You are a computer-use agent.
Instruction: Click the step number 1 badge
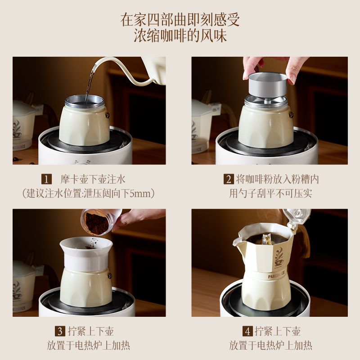(x=46, y=179)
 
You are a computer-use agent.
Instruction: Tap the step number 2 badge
(x=229, y=179)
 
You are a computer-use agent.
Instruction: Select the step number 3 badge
(x=60, y=331)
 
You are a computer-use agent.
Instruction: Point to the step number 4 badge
(x=247, y=331)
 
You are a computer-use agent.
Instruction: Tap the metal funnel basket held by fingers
(x=268, y=85)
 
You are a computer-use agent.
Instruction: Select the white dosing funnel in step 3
(x=86, y=254)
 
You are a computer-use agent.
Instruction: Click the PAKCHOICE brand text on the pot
(x=276, y=275)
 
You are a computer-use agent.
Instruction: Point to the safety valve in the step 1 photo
(x=107, y=115)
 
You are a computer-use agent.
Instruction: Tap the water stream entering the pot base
(x=89, y=86)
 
